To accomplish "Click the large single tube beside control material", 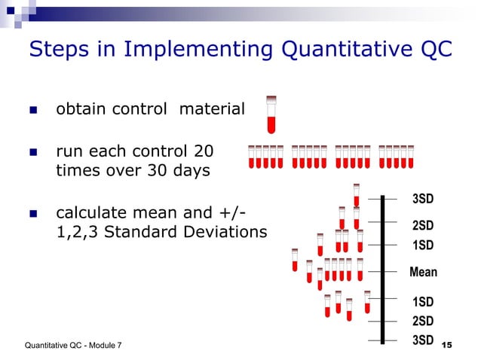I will (x=271, y=114).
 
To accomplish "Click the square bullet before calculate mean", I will (x=33, y=212).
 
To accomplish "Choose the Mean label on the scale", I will (x=423, y=272).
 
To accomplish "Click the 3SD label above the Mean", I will (x=423, y=199).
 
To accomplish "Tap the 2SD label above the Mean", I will (x=423, y=225).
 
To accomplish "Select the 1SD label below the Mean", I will (x=423, y=302).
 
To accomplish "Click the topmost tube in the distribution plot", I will (x=357, y=194).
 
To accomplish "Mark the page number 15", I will (x=446, y=345).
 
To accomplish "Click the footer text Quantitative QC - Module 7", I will (x=73, y=345).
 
